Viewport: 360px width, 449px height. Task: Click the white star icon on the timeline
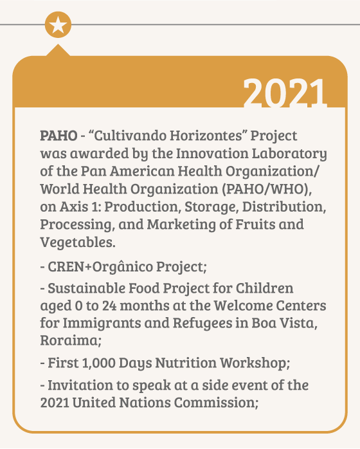point(58,24)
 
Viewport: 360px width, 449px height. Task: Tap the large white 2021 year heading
point(285,93)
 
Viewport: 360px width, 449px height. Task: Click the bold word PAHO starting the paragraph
point(59,136)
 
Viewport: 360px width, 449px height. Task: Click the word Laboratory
point(289,154)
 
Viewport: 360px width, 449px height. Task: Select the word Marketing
point(181,225)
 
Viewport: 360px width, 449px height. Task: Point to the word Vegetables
point(78,243)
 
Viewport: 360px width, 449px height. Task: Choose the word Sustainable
point(86,288)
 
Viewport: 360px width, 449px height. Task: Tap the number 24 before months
point(109,306)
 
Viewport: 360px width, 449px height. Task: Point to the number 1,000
point(98,363)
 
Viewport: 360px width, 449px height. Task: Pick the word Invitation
point(80,385)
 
